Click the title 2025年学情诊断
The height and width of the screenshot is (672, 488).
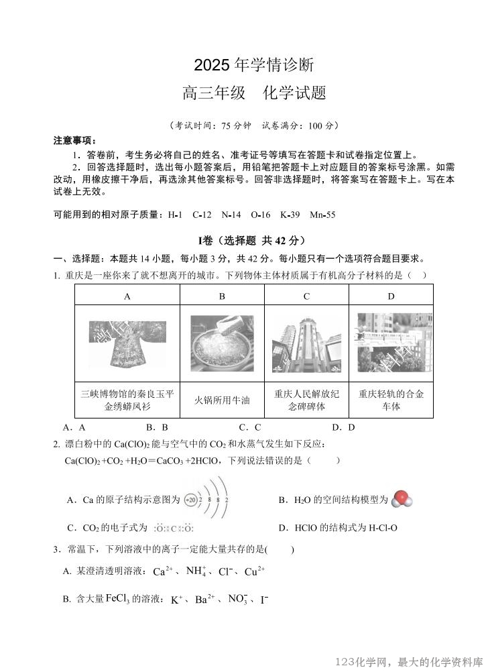tap(253, 65)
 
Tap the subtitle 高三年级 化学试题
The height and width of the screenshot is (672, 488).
tap(254, 93)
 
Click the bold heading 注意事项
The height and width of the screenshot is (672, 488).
tap(74, 141)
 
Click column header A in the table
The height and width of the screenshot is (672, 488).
tap(127, 296)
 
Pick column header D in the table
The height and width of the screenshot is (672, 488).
tap(391, 296)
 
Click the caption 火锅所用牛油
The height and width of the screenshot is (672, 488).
tap(222, 400)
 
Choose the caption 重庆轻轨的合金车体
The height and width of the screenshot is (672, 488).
tap(391, 400)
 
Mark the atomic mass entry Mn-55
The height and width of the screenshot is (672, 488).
tap(322, 215)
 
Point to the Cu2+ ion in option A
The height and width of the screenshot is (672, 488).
tap(255, 571)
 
